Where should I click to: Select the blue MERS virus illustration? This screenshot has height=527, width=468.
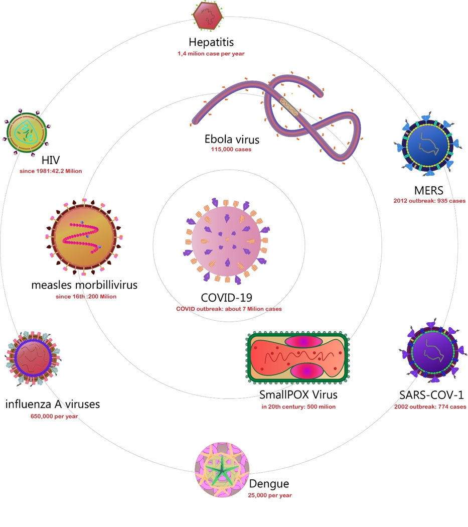[428, 144]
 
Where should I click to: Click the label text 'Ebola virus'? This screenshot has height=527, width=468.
[231, 139]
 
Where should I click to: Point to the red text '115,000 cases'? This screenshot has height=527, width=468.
[231, 149]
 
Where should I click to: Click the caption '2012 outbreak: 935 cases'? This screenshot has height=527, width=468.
[429, 201]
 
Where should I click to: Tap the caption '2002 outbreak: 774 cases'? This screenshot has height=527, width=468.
[430, 407]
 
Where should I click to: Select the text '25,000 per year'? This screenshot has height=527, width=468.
[269, 495]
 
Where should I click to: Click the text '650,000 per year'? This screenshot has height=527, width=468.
[52, 416]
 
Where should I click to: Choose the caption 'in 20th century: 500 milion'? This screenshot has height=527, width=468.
[298, 407]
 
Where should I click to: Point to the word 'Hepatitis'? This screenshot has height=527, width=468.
[211, 42]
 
